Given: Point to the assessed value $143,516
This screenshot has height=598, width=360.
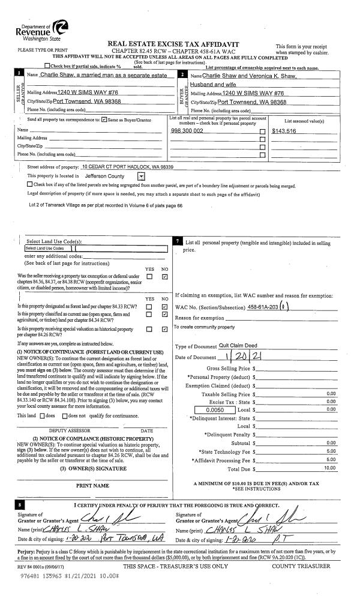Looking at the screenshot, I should (284, 130).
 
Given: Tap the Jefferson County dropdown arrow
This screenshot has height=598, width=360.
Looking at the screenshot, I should (141, 177).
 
